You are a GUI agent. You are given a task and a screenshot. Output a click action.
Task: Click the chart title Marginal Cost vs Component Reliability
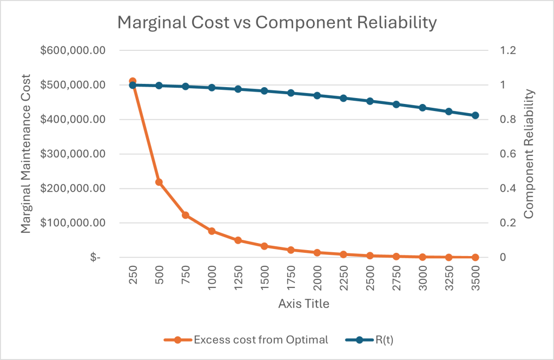pyautogui.click(x=277, y=23)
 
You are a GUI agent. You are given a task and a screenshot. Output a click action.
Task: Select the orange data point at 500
pyautogui.click(x=159, y=182)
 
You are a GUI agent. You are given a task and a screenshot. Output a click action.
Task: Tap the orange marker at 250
pyautogui.click(x=133, y=81)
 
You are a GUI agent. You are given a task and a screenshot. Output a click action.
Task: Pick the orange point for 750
pyautogui.click(x=186, y=215)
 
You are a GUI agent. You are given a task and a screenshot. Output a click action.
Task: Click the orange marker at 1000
pyautogui.click(x=212, y=231)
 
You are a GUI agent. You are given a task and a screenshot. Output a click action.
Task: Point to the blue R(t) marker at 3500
pyautogui.click(x=475, y=115)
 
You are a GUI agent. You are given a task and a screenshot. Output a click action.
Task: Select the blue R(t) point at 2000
pyautogui.click(x=317, y=95)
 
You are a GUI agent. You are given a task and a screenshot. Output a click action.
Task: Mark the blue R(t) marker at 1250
pyautogui.click(x=238, y=89)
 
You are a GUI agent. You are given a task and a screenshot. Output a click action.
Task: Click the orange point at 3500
pyautogui.click(x=475, y=258)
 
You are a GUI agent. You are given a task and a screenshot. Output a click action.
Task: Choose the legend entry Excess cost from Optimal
pyautogui.click(x=246, y=340)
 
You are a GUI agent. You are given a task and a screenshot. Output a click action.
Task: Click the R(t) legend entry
pyautogui.click(x=370, y=340)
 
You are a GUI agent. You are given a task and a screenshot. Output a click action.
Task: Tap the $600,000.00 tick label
pyautogui.click(x=73, y=50)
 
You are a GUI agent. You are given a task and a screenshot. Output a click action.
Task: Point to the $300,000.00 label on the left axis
pyautogui.click(x=73, y=154)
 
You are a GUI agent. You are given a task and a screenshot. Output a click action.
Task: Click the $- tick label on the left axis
pyautogui.click(x=95, y=258)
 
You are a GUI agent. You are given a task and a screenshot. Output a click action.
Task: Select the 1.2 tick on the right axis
pyautogui.click(x=507, y=50)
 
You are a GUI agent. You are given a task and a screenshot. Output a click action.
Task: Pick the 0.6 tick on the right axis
pyautogui.click(x=507, y=154)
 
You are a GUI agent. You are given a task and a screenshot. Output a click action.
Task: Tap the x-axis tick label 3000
pyautogui.click(x=423, y=278)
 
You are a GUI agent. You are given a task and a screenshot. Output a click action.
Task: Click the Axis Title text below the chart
pyautogui.click(x=304, y=303)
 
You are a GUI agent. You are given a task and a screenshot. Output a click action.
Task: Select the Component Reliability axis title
pyautogui.click(x=529, y=154)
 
